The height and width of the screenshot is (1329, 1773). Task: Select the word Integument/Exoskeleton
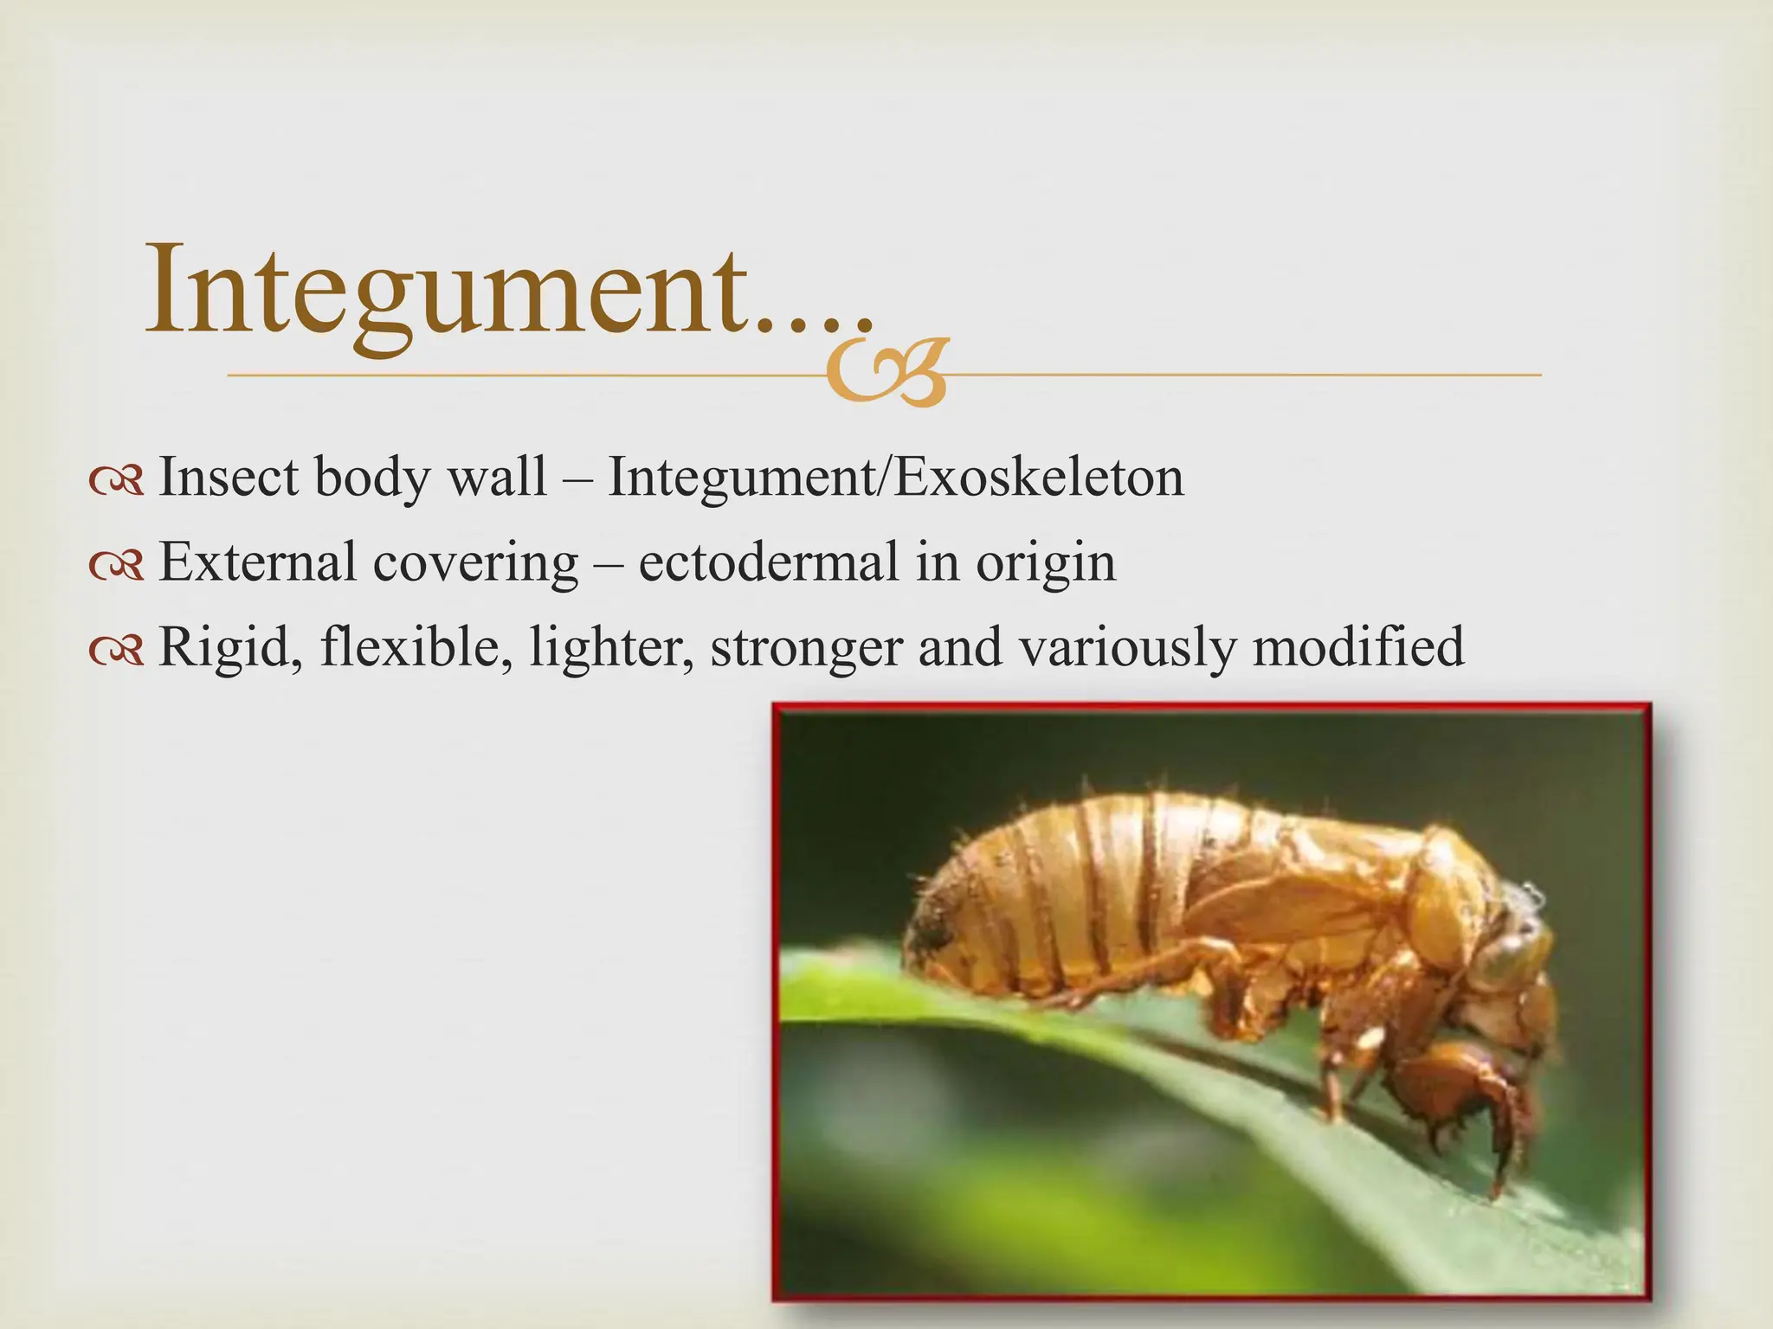[895, 478]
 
